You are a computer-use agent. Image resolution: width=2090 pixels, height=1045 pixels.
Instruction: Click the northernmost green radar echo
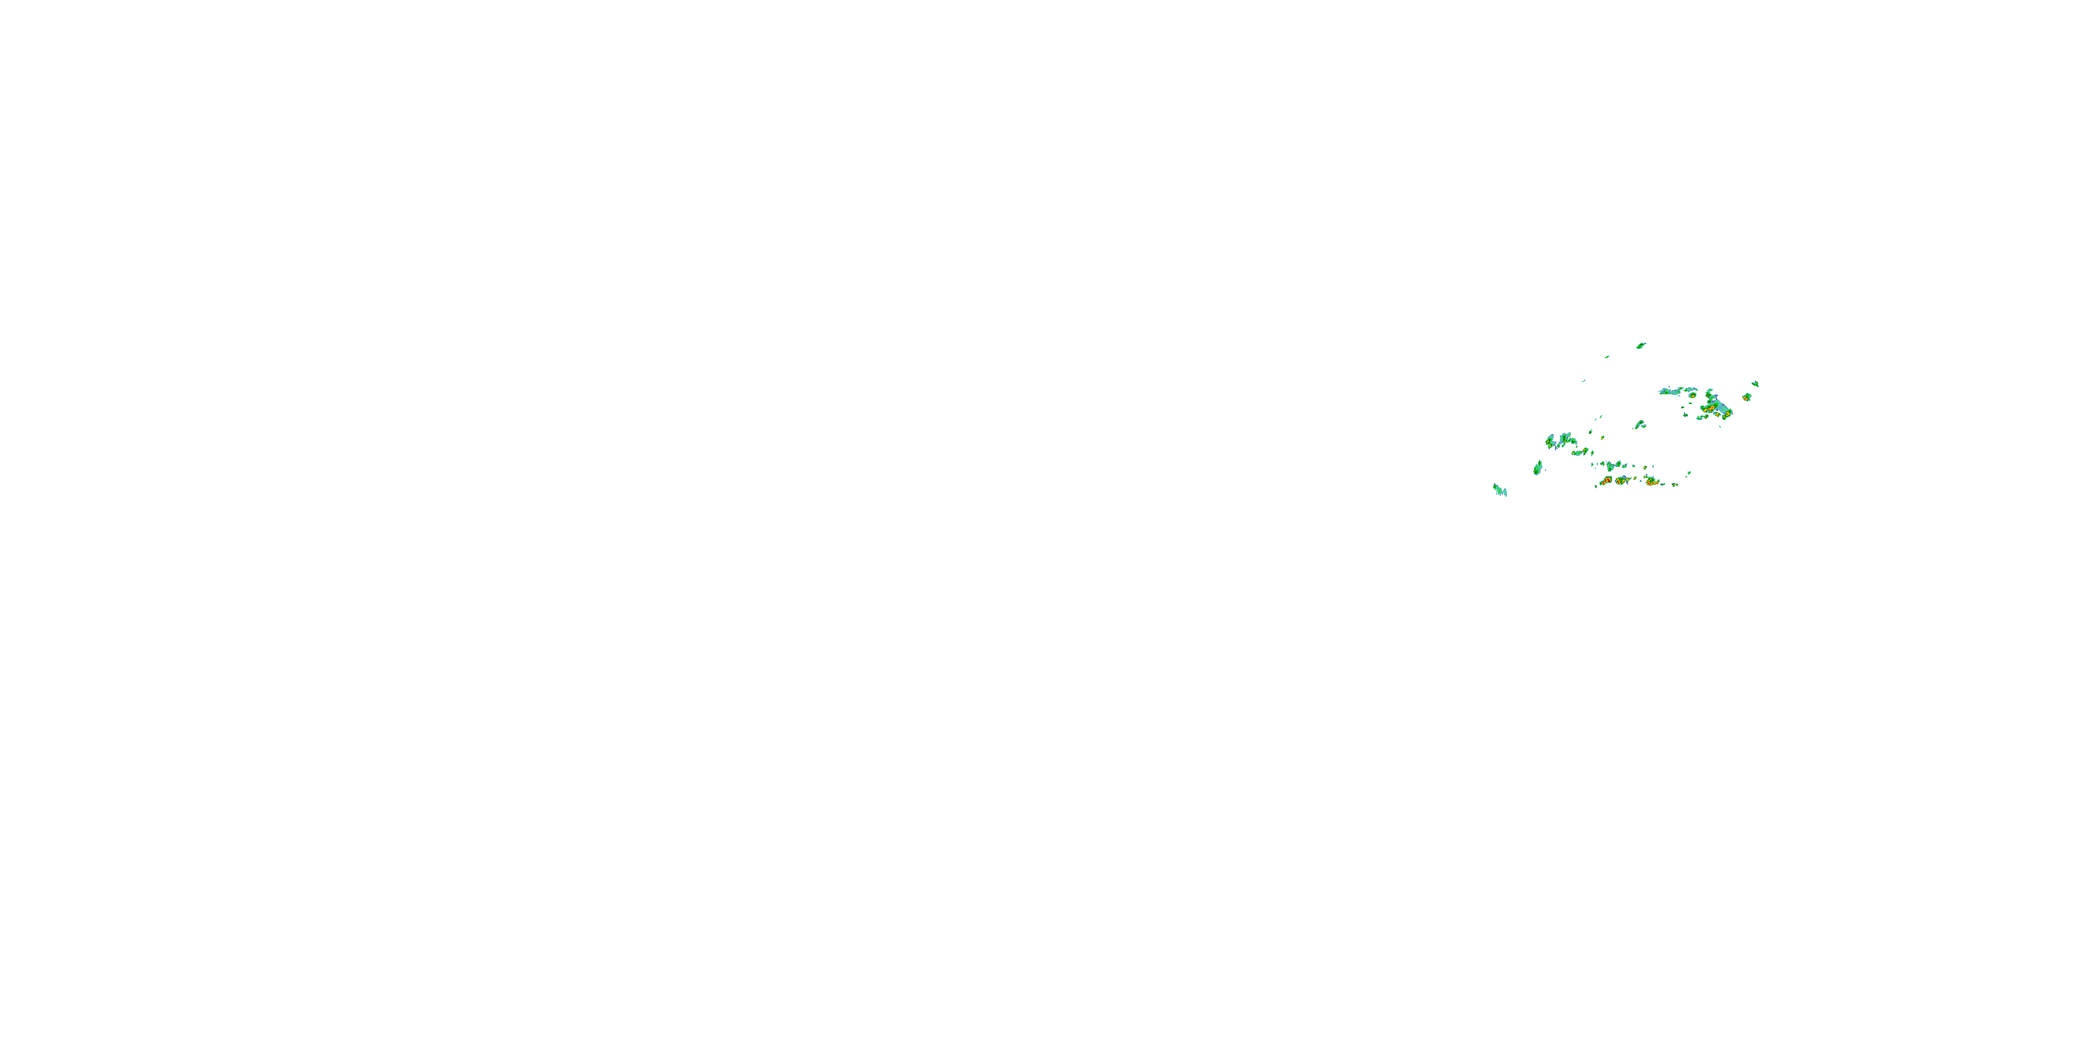1641,346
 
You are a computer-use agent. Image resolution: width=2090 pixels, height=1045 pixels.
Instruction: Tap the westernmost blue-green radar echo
1499,490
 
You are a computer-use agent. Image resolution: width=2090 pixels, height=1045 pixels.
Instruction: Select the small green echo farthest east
1755,384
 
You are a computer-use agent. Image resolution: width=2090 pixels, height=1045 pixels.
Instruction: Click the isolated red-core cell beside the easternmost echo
1747,398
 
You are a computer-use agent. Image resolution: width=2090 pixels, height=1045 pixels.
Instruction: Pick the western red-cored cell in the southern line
1606,481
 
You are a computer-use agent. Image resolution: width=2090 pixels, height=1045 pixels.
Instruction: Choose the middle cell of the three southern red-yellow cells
1622,480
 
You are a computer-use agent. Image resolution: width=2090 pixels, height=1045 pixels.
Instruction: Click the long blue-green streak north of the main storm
1671,391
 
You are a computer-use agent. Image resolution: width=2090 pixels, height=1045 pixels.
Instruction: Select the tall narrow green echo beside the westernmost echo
1538,467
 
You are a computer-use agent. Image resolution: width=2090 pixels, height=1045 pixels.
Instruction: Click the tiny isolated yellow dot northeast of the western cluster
1602,438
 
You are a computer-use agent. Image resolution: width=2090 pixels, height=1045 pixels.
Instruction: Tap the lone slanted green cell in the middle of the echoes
1640,424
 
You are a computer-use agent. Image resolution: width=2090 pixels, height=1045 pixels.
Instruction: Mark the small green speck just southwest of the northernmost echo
1607,357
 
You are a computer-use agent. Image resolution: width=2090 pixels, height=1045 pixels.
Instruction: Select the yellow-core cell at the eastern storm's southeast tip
1728,414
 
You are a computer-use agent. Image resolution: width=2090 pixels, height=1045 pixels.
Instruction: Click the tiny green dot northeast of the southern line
1689,473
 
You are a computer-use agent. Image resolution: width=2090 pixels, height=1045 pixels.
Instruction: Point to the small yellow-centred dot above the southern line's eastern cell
1646,468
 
